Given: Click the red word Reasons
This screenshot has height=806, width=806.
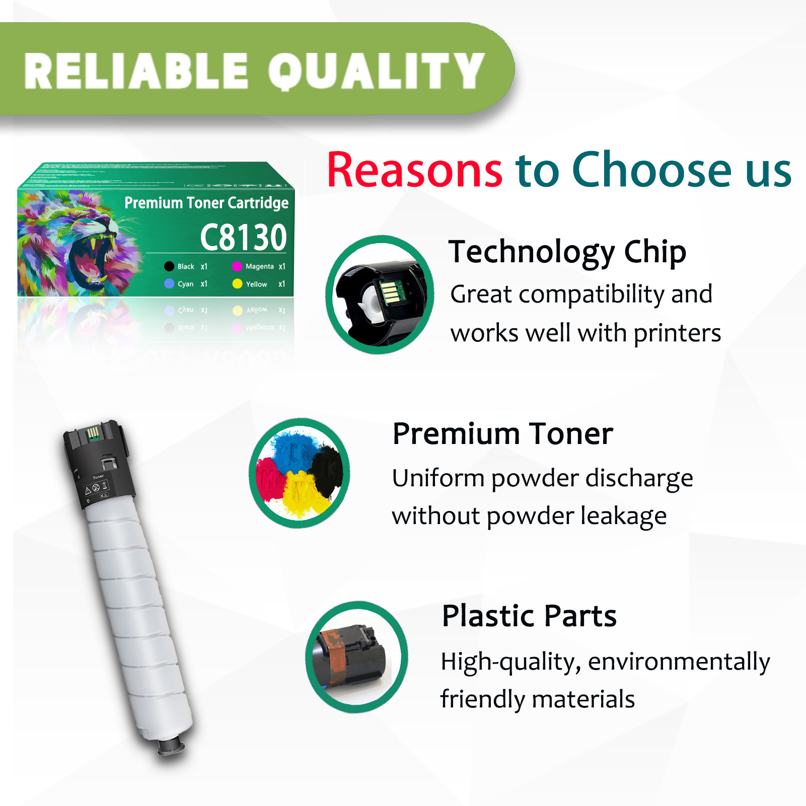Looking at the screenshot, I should [414, 170].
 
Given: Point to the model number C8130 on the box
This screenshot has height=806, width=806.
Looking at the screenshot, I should [243, 237].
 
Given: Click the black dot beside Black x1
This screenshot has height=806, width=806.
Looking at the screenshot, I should [169, 266].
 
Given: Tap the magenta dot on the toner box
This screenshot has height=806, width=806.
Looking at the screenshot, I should [237, 266].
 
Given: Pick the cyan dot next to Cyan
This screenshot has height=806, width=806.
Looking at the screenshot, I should [169, 284].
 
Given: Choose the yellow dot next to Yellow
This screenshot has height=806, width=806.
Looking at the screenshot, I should [237, 284].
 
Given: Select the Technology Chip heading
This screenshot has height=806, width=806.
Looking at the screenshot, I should [567, 252].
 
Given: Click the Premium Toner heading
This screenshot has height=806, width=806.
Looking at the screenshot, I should [502, 434].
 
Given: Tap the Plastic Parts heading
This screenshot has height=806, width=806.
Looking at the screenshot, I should [529, 616].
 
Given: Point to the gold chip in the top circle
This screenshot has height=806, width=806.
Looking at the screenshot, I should [391, 292].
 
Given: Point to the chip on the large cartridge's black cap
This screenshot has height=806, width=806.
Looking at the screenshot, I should [93, 433].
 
